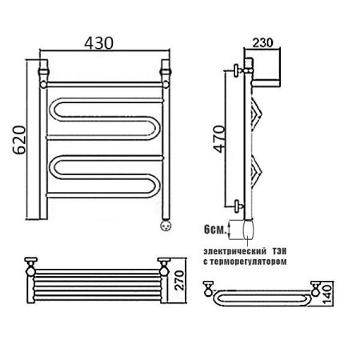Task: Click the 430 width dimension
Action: point(98,43)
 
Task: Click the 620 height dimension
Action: point(19,140)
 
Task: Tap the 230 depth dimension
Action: point(262,42)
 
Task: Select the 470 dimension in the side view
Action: point(219,139)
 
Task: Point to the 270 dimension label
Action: point(179,280)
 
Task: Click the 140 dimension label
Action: point(326,294)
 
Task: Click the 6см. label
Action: point(214,230)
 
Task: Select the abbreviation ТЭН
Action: point(279,251)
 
